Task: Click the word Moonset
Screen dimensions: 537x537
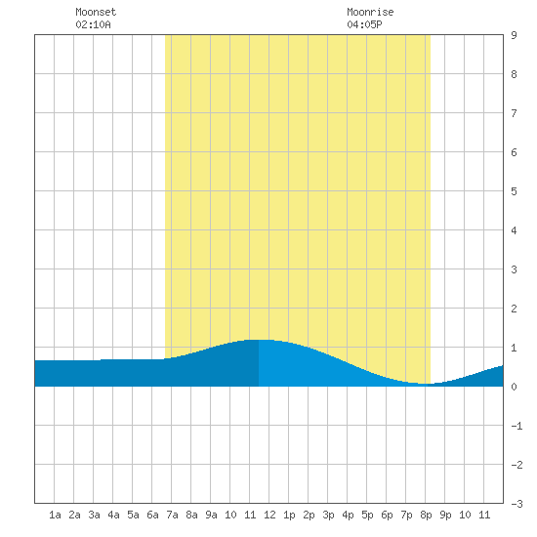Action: [x=96, y=12]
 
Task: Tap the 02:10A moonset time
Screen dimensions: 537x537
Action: [x=93, y=24]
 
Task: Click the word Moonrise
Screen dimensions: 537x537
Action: [x=370, y=12]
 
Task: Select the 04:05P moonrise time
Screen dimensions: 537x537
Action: [x=364, y=24]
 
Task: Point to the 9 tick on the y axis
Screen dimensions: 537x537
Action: [x=514, y=35]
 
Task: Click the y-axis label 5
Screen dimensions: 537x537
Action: [x=514, y=191]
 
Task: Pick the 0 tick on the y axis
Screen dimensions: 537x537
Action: [x=514, y=387]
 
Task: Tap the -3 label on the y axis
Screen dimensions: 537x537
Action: [x=516, y=504]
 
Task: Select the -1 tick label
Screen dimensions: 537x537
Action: [x=516, y=426]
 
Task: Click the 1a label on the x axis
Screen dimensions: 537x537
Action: [x=55, y=515]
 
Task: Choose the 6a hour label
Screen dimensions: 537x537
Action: [x=152, y=515]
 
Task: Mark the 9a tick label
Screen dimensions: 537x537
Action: [x=211, y=515]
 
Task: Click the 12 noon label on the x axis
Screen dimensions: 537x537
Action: [x=269, y=515]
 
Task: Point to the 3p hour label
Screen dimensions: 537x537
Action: [x=328, y=515]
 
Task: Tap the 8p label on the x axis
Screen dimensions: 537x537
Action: [x=426, y=515]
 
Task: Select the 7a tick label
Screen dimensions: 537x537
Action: [x=172, y=515]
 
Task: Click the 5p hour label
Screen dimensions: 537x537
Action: [x=367, y=515]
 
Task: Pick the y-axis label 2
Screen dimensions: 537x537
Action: [x=514, y=309]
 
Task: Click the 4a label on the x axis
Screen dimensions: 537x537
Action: [x=113, y=515]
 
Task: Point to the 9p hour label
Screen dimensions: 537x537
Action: [x=445, y=515]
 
